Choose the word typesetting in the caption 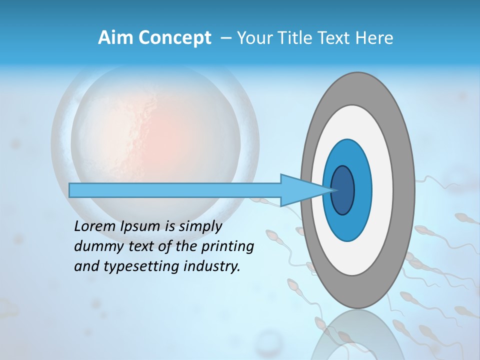(x=132, y=266)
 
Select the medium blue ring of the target (x=362, y=190)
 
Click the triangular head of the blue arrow (x=300, y=190)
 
